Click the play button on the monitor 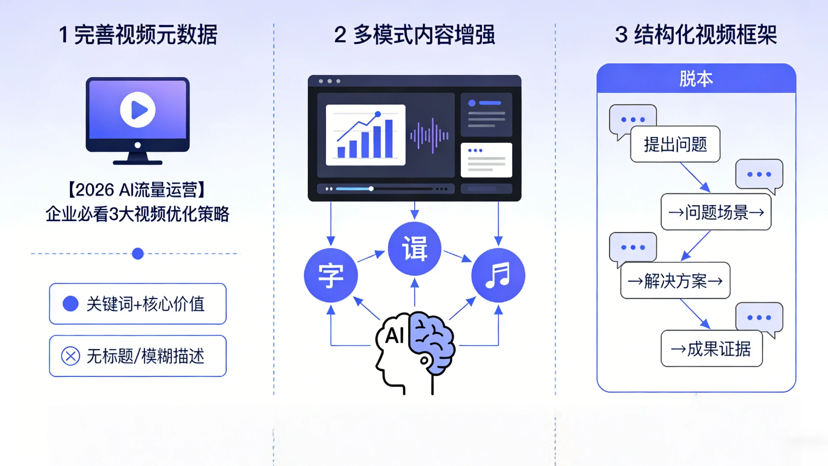point(138,110)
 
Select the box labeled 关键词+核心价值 point(138,304)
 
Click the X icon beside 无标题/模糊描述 point(71,356)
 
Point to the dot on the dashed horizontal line point(138,254)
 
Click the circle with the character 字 point(331,275)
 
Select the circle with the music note point(498,275)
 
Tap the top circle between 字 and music point(414,249)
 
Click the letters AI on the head point(395,336)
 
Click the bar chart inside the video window point(365,135)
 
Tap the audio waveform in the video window point(430,135)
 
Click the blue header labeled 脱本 point(696,79)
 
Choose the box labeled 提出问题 point(675,144)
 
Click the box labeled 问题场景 point(716,212)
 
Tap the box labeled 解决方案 point(675,281)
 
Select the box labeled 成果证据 point(712,349)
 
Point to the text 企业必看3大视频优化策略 point(138,214)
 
